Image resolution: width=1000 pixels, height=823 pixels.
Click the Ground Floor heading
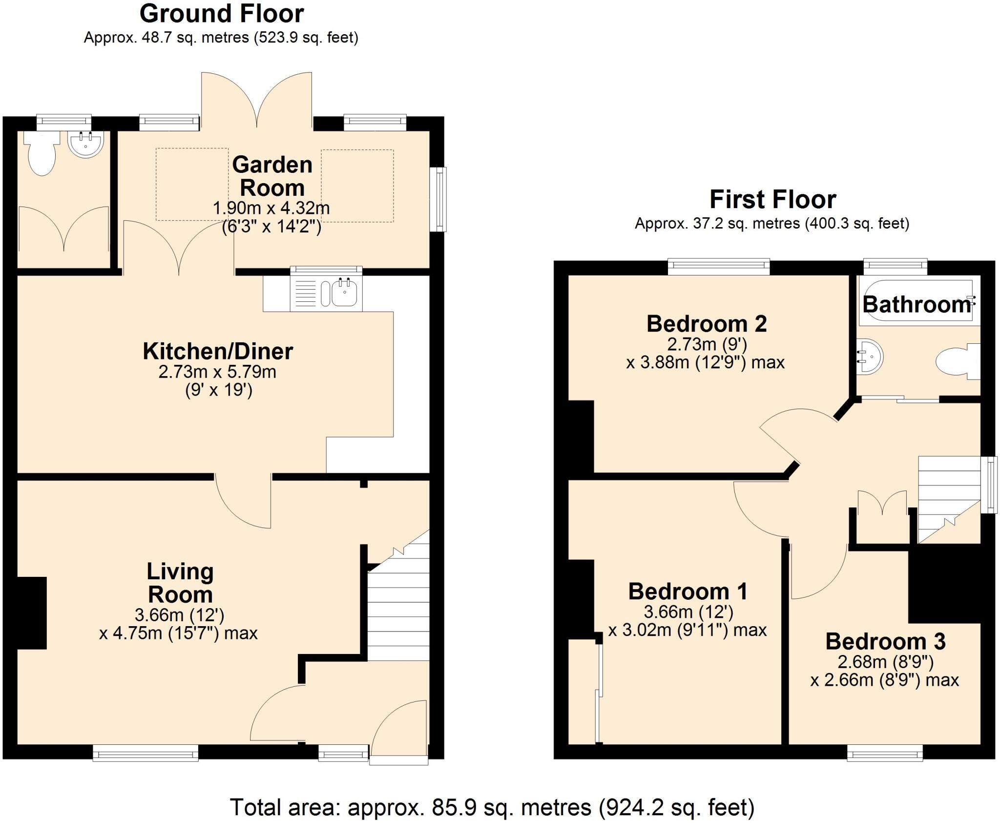[221, 14]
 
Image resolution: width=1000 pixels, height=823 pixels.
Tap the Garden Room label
[272, 176]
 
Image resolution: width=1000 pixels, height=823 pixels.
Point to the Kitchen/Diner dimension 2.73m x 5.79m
[217, 372]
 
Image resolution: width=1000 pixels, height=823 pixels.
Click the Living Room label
[180, 583]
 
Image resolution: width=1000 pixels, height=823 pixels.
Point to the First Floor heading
[772, 200]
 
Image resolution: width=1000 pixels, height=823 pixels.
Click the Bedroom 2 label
[707, 324]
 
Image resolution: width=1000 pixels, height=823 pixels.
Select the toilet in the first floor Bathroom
[957, 362]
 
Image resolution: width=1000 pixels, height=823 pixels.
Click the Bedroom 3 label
[885, 642]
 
